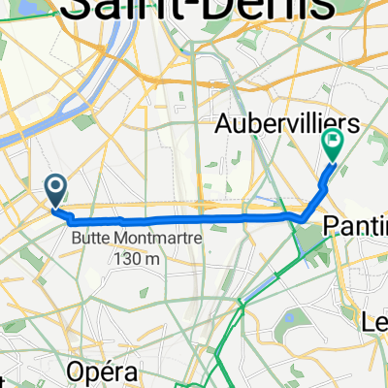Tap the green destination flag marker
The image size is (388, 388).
coord(333,146)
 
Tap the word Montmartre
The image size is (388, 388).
coord(148,238)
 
